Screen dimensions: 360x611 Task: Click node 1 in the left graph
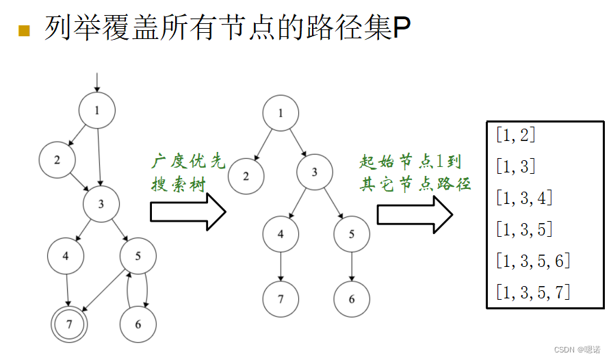tap(97, 110)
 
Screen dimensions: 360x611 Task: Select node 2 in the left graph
tap(57, 159)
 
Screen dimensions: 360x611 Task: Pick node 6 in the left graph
tap(138, 325)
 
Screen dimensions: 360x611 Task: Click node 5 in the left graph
tap(138, 257)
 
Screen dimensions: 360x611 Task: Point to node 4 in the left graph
tap(66, 257)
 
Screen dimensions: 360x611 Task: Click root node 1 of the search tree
tap(281, 114)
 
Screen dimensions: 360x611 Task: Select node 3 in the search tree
tap(315, 172)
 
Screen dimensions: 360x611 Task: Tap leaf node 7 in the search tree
tap(281, 299)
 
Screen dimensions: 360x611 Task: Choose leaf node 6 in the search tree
tap(352, 299)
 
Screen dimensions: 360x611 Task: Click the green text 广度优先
tap(187, 162)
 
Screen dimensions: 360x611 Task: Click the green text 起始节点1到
tap(411, 162)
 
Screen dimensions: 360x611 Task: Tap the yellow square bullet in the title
tap(25, 29)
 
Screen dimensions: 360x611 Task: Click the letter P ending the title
tap(402, 28)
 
